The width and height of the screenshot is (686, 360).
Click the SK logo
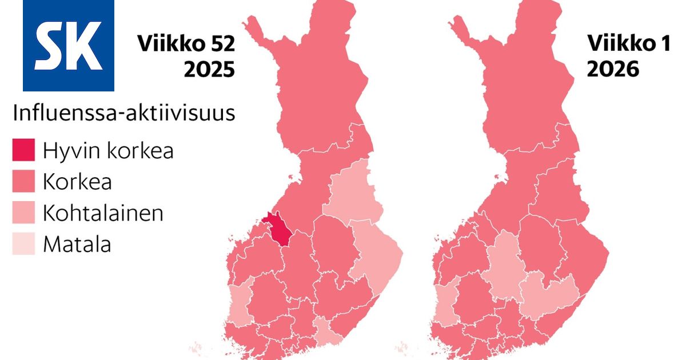point(68,45)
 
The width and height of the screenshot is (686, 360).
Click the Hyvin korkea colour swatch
point(23,151)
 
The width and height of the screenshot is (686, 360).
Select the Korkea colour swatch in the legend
point(23,182)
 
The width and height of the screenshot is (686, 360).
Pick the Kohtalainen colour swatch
point(23,213)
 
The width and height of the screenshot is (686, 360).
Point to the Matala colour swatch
point(23,243)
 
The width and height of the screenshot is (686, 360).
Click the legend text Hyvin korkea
point(108,151)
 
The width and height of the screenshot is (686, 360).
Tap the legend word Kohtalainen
point(103,213)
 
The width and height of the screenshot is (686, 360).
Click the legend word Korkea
point(77,182)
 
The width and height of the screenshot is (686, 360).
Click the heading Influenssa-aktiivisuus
point(124,113)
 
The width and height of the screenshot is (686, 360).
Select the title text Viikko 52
point(185,45)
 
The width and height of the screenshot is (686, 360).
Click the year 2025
point(209,70)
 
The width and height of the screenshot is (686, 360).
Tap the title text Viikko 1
point(629,45)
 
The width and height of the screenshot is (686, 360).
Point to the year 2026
point(613,70)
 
